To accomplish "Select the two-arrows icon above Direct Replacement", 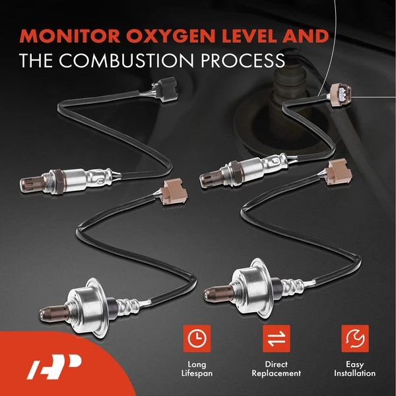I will [x=277, y=338].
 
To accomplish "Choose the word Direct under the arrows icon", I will [x=277, y=364].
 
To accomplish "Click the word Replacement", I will [x=277, y=374].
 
